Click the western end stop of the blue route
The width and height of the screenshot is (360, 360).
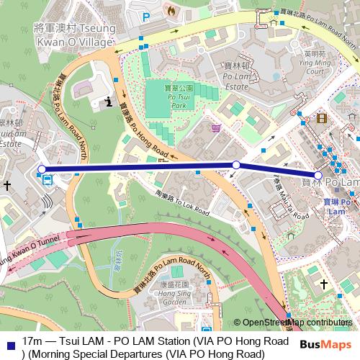click(42, 170)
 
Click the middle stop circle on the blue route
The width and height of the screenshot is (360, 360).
click(236, 165)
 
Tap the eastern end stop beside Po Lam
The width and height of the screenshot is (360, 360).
click(318, 175)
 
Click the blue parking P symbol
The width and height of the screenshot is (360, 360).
click(147, 17)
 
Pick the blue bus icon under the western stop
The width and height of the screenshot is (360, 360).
click(47, 181)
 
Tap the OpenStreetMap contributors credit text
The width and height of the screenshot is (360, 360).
click(297, 323)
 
